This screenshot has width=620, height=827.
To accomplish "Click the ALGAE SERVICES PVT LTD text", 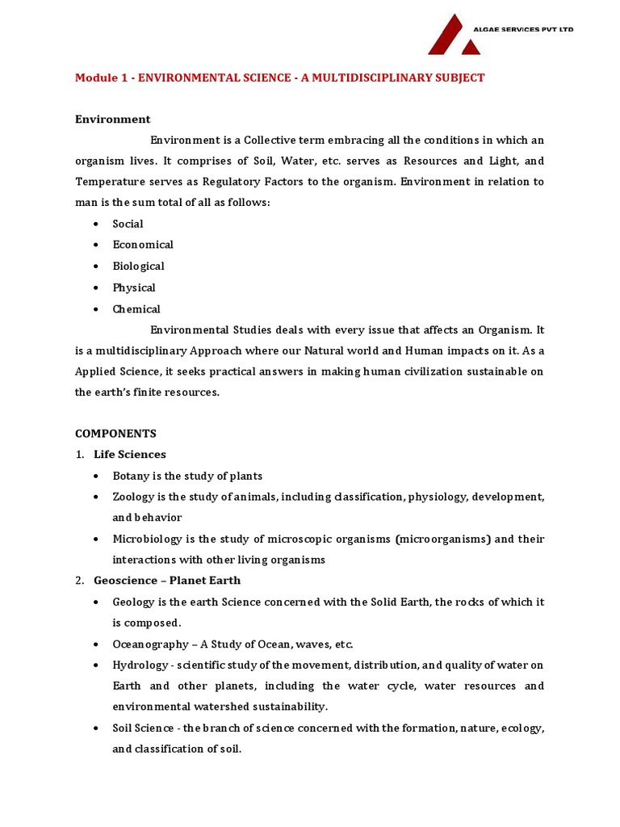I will (522, 30).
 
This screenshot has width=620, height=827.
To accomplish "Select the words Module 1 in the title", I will (100, 78).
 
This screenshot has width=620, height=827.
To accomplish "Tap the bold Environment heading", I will (112, 119).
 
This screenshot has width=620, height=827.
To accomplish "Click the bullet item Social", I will (128, 224).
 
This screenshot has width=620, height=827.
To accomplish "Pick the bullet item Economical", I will (143, 245).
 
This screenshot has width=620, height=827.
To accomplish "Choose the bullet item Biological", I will (138, 266).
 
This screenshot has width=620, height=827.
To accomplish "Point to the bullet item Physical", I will (134, 288).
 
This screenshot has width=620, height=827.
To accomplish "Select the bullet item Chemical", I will (136, 309).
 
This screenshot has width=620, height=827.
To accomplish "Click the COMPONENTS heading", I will (115, 433).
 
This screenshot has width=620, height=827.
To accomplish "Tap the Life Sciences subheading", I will (130, 454).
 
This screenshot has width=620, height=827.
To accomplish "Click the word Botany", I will (130, 476).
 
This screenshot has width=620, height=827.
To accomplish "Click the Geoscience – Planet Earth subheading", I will (167, 580).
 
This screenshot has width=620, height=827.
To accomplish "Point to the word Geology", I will (132, 602).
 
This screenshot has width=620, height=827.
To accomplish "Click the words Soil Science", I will (142, 728).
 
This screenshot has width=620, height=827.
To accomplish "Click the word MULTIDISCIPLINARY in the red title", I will (362, 78).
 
